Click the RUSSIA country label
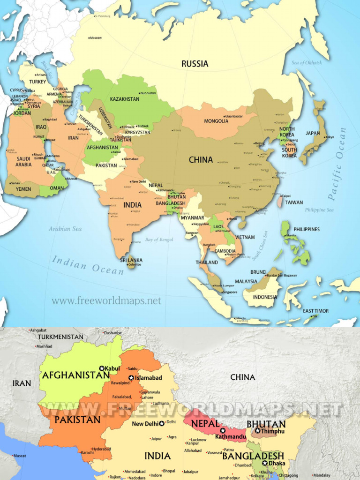195,64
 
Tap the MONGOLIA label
216,121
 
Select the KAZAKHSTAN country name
124,99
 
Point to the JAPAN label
313,133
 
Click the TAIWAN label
294,202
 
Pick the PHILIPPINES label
307,229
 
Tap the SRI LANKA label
131,260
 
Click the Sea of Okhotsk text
307,62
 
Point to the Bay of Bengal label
159,240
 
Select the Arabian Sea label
65,229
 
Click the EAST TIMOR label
315,311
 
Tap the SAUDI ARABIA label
23,162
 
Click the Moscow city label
96,37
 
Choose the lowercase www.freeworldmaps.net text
106,301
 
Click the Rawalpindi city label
120,382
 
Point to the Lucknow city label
198,439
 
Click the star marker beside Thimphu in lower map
257,430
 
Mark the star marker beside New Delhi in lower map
162,424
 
